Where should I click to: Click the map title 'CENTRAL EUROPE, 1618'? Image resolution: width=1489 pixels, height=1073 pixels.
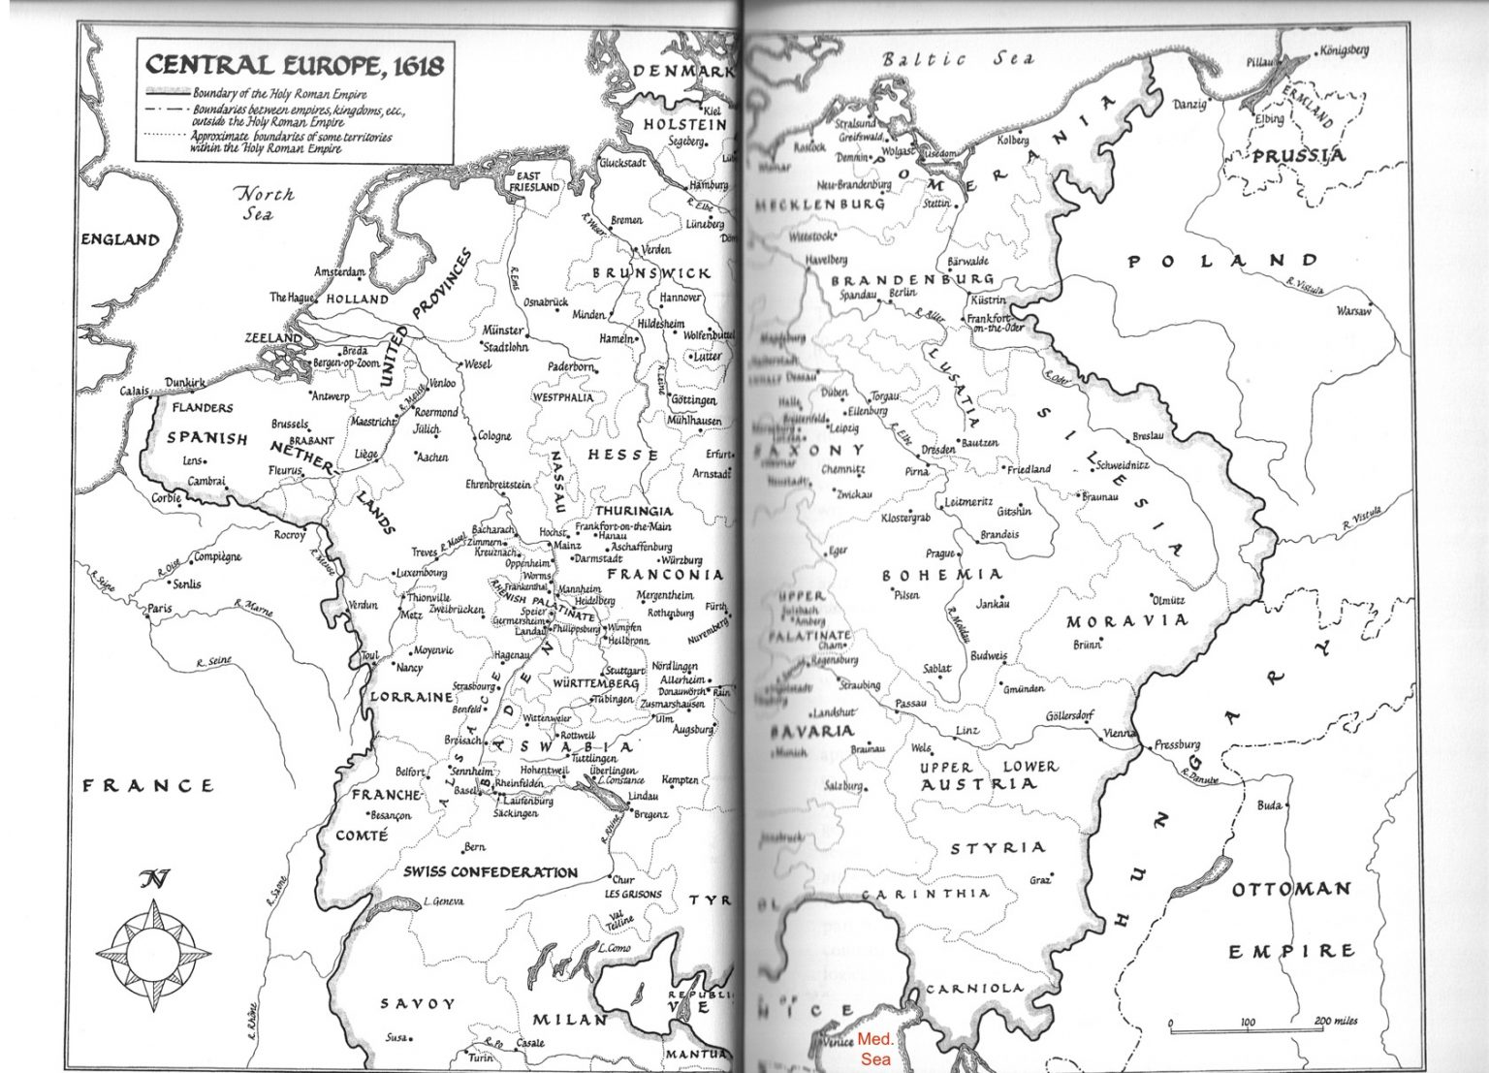[x=294, y=65]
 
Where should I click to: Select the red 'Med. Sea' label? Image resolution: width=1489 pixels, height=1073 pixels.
[x=876, y=1048]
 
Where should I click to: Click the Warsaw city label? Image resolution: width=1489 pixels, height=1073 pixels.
[x=1353, y=311]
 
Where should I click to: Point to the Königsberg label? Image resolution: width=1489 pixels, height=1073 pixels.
[x=1344, y=50]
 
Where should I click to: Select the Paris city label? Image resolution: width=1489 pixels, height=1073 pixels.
[x=159, y=609]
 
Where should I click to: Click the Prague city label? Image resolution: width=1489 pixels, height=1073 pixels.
[x=939, y=553]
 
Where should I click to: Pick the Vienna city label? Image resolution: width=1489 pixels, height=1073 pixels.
[x=1118, y=734]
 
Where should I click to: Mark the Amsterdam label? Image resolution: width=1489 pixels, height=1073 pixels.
[x=339, y=272]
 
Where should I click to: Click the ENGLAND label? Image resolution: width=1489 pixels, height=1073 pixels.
[x=119, y=239]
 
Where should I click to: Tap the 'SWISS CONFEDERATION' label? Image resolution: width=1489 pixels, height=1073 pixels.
[x=490, y=872]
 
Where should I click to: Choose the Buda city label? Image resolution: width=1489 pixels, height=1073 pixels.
[x=1268, y=805]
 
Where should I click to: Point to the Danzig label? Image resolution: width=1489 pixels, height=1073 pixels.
[x=1189, y=104]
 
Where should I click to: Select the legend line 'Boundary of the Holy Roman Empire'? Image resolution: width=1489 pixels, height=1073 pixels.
[x=279, y=95]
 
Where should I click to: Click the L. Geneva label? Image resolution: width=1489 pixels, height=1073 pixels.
[x=443, y=901]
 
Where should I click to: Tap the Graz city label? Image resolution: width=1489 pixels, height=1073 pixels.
[x=1039, y=880]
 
